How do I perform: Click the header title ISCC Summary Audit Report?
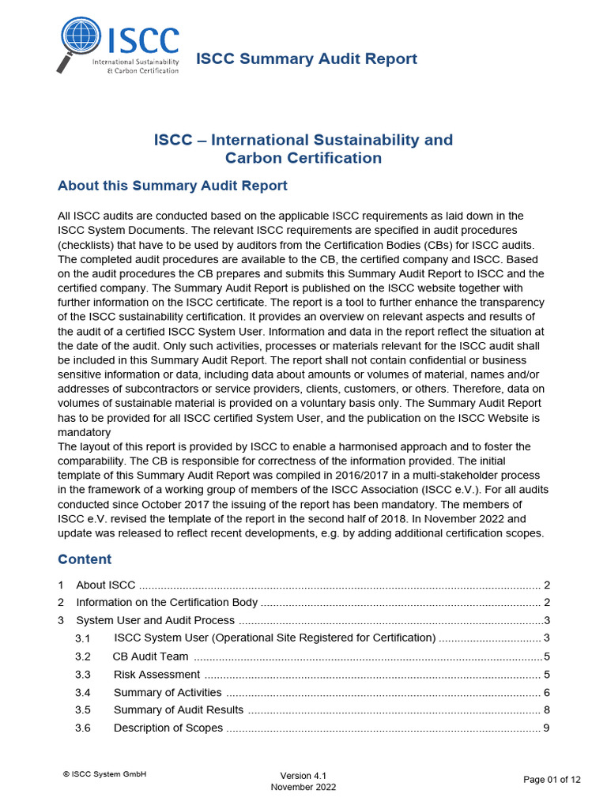pos(306,58)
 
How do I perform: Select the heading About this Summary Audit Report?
pos(172,186)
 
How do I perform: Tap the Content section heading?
pos(85,559)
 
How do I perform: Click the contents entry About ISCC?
pos(105,585)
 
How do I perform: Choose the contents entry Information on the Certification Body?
pos(167,603)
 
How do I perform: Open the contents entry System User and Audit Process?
pos(155,620)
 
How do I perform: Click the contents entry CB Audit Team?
pos(150,657)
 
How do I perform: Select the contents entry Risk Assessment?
pos(156,675)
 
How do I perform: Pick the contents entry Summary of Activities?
pos(168,692)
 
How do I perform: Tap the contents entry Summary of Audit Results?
pos(179,709)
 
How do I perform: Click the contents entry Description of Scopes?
pos(168,728)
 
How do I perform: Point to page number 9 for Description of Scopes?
pos(546,728)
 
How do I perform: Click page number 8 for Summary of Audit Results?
pos(546,709)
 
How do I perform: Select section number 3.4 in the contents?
pos(83,692)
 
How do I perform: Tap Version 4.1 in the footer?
pos(303,776)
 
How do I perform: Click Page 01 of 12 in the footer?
pos(552,780)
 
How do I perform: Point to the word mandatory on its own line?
pos(84,433)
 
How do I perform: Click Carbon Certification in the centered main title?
pos(303,158)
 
